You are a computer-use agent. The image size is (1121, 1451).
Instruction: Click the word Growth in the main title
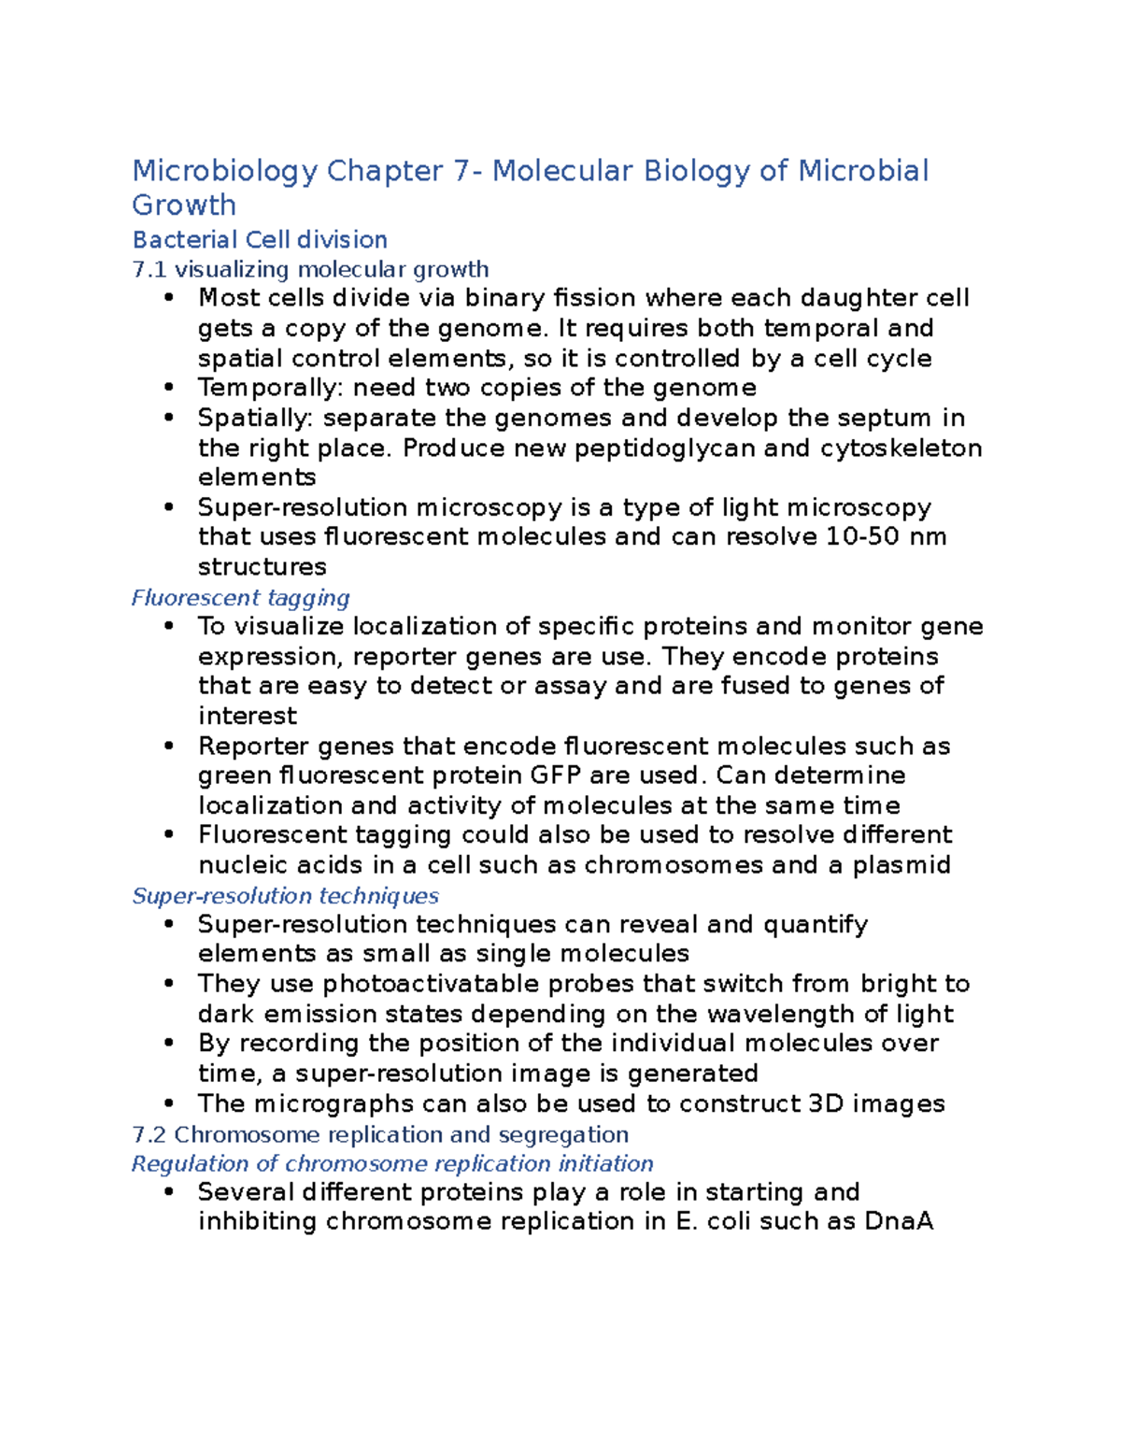[x=184, y=206]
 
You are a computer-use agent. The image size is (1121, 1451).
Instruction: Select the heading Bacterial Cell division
[x=260, y=240]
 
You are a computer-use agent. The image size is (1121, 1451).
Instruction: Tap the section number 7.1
[x=149, y=270]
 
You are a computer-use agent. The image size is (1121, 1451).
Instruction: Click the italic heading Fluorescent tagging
[x=241, y=598]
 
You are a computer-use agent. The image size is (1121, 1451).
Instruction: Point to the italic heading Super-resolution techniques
[x=285, y=896]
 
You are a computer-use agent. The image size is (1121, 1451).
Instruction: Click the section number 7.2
[x=149, y=1135]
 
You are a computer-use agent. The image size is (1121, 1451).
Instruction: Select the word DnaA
[x=899, y=1222]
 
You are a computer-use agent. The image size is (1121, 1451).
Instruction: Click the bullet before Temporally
[x=168, y=388]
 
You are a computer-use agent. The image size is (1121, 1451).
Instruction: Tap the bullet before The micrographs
[x=168, y=1103]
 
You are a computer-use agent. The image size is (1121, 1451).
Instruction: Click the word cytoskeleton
[x=901, y=448]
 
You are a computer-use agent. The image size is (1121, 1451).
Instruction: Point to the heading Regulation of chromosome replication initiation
[x=392, y=1164]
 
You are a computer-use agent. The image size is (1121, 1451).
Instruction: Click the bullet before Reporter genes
[x=168, y=746]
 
